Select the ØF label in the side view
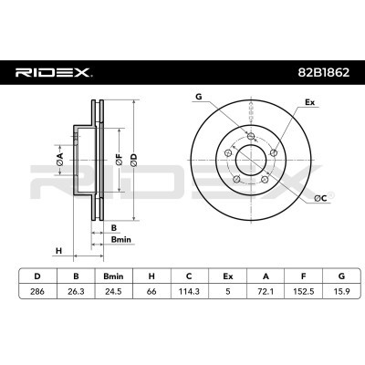tap(118, 162)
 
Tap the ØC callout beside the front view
tap(319, 198)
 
